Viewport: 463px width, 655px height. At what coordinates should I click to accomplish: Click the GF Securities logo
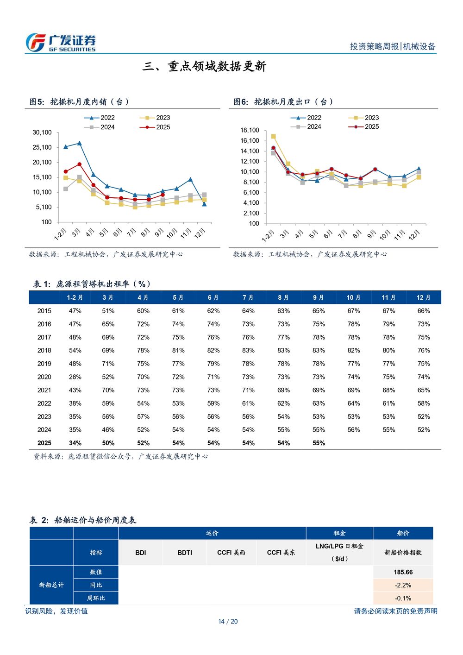tap(61, 43)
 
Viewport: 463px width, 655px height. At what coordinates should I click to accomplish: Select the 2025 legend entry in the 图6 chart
tap(363, 126)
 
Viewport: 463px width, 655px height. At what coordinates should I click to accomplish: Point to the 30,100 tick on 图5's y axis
tap(42, 132)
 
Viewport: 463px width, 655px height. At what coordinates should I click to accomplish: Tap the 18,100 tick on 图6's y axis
tap(250, 130)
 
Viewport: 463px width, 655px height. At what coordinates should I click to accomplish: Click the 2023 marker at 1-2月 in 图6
tap(273, 136)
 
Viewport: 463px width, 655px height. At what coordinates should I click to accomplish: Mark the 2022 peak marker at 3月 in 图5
tap(80, 143)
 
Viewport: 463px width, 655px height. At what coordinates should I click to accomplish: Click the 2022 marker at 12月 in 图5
tap(204, 204)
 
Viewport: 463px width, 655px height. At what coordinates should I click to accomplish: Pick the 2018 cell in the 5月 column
tap(178, 350)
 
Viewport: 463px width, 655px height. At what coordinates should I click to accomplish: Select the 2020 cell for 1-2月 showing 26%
tap(75, 377)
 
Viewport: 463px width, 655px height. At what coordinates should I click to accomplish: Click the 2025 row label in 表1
tap(44, 443)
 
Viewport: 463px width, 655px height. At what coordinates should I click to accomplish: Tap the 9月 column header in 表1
tap(319, 297)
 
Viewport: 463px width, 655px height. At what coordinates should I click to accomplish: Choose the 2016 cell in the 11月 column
tap(388, 324)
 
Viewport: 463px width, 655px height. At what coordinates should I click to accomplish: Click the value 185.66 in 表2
tap(403, 572)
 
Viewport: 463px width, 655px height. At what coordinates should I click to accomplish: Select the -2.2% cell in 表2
tap(403, 585)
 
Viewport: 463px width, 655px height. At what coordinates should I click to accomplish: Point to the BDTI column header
tap(185, 553)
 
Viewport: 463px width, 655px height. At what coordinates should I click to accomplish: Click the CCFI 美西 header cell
tap(231, 553)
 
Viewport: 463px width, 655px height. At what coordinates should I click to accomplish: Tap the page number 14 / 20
tap(228, 621)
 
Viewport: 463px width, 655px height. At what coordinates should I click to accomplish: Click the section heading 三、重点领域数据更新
tap(204, 66)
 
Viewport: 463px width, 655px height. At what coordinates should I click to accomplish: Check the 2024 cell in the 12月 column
tap(424, 429)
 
